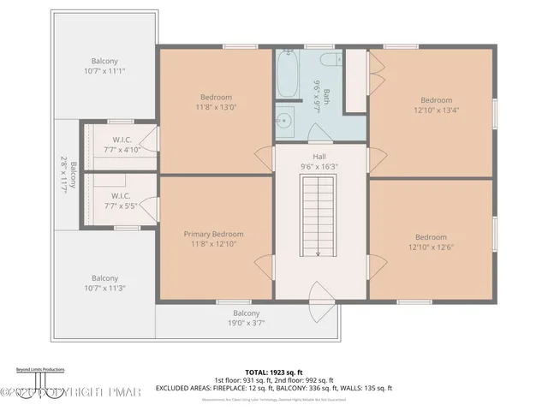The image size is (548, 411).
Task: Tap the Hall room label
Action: point(319,156)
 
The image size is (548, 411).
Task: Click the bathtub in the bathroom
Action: point(288,77)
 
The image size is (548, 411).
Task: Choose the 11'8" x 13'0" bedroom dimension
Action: point(217,108)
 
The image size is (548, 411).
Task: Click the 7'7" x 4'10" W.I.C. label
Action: point(121,150)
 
